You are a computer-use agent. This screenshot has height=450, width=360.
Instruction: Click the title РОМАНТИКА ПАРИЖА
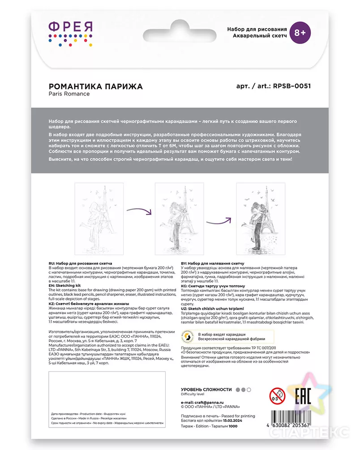pos(95,86)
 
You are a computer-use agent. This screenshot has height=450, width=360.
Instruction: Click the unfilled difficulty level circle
pos(249,390)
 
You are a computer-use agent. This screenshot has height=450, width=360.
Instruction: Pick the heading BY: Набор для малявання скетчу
pos(212,264)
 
